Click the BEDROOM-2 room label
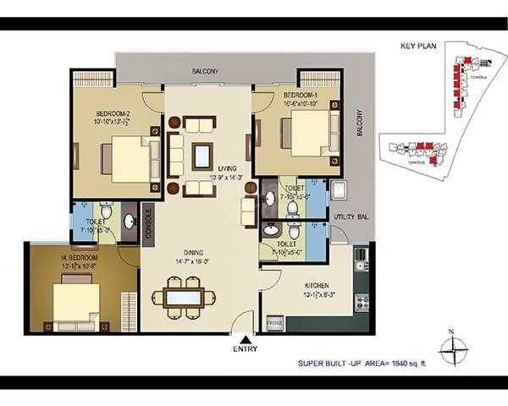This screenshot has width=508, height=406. coord(113,112)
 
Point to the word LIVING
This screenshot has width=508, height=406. coord(226,168)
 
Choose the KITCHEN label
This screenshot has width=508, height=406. coord(312,285)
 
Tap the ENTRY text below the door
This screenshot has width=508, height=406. coord(246,348)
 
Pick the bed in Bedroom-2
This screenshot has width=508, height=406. coord(131,156)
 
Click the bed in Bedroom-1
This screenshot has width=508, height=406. coord(306,134)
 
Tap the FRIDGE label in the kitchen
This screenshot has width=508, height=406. coord(274,322)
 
